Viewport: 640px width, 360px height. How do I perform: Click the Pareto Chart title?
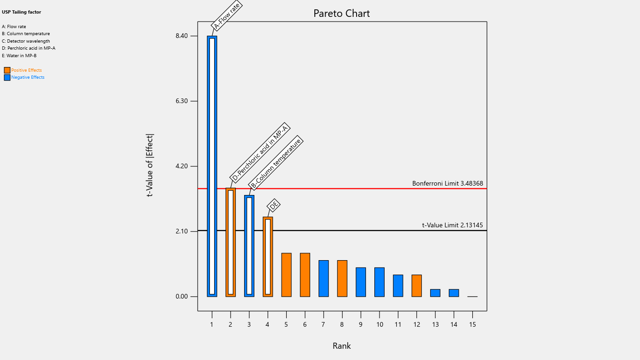click(342, 14)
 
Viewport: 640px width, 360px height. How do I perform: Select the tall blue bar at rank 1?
click(212, 166)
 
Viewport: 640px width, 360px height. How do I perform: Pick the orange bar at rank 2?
click(231, 242)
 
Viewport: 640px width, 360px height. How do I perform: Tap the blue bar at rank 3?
click(249, 246)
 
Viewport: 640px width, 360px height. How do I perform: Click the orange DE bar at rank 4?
click(268, 257)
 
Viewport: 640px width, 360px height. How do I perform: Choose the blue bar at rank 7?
click(324, 278)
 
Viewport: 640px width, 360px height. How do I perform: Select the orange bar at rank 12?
click(417, 285)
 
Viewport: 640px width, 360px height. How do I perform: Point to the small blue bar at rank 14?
click(454, 293)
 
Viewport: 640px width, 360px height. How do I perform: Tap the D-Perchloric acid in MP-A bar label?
click(260, 153)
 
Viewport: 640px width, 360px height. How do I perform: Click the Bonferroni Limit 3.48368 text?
click(447, 183)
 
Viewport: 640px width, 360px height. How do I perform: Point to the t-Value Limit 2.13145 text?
click(452, 225)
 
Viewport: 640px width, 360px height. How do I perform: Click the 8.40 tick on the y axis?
click(181, 36)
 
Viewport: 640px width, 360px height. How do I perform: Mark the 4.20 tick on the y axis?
click(181, 166)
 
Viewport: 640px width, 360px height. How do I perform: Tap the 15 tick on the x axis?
click(473, 324)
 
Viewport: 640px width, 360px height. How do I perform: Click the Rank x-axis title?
click(342, 346)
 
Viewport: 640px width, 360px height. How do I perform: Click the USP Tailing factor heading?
click(22, 12)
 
